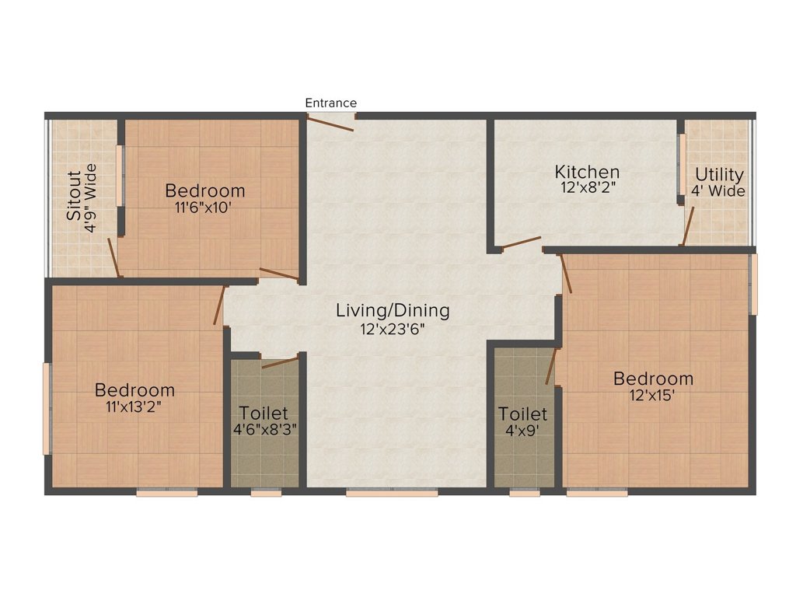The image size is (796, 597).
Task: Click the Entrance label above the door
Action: coord(330,103)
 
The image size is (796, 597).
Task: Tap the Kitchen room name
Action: coord(587,172)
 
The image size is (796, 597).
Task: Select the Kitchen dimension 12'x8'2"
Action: coord(588,188)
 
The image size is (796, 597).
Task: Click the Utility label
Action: coord(719,175)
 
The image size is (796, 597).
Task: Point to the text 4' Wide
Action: coord(717,191)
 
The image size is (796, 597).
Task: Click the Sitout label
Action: coord(74,195)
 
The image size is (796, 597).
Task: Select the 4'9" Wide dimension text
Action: coord(90,198)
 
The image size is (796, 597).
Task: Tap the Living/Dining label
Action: coord(393,311)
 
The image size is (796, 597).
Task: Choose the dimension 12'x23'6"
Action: coord(392,330)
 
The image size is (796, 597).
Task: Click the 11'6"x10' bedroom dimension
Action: coord(203,208)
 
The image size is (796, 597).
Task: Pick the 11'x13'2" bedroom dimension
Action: coord(134,407)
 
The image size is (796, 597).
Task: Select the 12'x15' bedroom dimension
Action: coord(652,395)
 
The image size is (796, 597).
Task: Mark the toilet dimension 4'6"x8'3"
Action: coord(264,430)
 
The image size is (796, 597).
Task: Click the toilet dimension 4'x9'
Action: coord(522,431)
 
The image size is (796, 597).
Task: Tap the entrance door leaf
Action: coord(330,124)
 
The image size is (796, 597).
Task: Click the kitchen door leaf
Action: coord(522,243)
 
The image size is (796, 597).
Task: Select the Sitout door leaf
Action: coord(113,257)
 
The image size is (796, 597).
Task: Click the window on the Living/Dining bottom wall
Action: coord(392,492)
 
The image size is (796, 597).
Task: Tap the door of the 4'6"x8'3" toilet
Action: coord(280,362)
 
